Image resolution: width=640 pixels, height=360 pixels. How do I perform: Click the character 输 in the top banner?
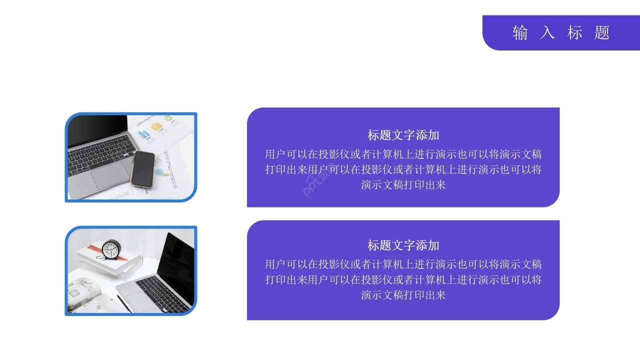520,33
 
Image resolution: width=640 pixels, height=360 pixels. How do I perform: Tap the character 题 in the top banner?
602,33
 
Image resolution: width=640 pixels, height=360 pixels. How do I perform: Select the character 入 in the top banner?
547,33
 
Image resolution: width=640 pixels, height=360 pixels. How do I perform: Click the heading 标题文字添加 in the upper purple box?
403,135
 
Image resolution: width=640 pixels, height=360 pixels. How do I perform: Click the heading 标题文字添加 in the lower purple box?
403,245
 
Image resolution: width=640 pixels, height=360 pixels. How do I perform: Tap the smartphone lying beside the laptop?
143,169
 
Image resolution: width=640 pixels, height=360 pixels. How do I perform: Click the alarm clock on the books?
111,249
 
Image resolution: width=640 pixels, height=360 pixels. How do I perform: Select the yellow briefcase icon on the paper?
156,126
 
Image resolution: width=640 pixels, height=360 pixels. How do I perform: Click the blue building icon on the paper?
143,134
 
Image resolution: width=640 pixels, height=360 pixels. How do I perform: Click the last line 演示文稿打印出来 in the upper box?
403,185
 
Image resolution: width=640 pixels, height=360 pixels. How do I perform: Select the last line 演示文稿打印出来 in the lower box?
403,295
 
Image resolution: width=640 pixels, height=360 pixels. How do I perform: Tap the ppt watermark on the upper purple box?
318,180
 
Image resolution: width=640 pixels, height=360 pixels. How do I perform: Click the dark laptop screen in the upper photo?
97,130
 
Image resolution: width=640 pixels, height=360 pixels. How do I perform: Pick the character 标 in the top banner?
574,33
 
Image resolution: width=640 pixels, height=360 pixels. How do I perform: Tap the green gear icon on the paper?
168,118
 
